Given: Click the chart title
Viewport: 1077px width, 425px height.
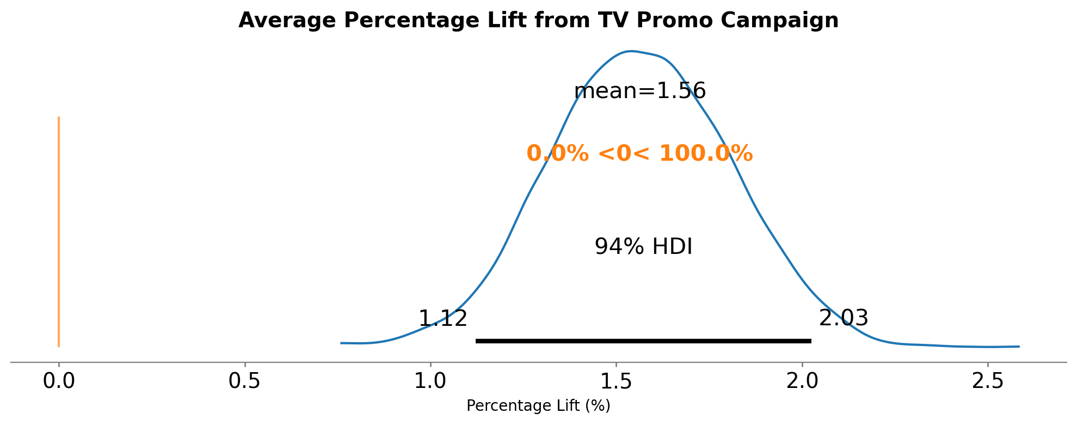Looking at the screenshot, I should pyautogui.click(x=538, y=21).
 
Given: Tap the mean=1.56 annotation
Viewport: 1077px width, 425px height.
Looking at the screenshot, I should pyautogui.click(x=640, y=91).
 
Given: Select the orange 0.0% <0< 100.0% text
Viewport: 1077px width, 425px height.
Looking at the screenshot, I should pyautogui.click(x=639, y=154).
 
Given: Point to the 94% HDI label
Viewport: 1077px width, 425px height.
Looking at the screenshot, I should pyautogui.click(x=643, y=247).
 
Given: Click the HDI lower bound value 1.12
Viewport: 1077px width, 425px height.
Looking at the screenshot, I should pyautogui.click(x=443, y=319).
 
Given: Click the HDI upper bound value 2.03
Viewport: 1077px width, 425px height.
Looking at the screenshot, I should pyautogui.click(x=844, y=318).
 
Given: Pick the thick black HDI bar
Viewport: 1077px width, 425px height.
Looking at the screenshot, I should pyautogui.click(x=643, y=341).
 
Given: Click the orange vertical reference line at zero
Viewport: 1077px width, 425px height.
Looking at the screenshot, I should pyautogui.click(x=59, y=232).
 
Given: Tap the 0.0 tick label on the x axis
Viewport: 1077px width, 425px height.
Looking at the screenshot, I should pyautogui.click(x=59, y=381).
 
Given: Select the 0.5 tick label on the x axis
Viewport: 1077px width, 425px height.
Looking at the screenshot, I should pyautogui.click(x=245, y=381).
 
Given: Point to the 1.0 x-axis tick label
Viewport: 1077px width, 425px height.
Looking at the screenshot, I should pyautogui.click(x=430, y=381).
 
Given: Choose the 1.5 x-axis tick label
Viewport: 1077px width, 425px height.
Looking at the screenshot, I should pyautogui.click(x=616, y=381).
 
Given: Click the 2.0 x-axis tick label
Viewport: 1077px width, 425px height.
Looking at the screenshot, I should pyautogui.click(x=802, y=381).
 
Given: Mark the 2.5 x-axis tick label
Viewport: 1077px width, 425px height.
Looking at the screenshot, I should pyautogui.click(x=988, y=381).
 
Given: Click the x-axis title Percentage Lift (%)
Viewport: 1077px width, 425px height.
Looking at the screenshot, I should pyautogui.click(x=538, y=406).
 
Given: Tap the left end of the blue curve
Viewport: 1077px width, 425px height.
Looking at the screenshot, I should pyautogui.click(x=341, y=343).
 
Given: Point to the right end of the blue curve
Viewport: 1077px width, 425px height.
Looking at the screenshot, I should pyautogui.click(x=1019, y=347).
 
